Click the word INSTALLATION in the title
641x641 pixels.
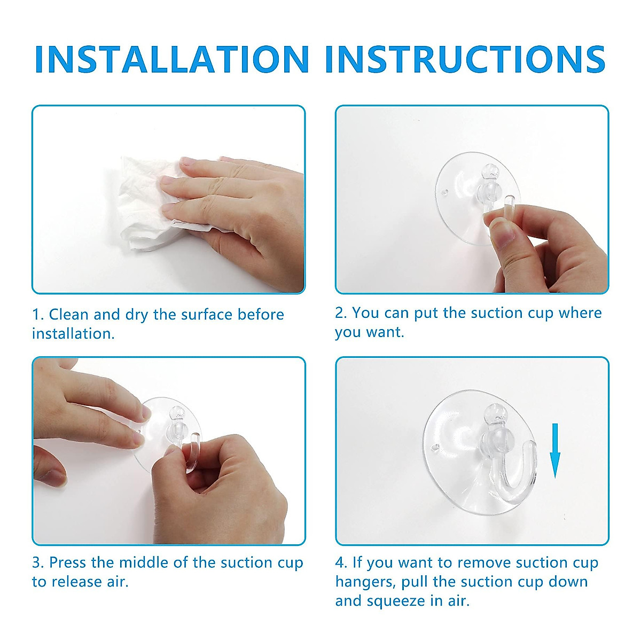171,59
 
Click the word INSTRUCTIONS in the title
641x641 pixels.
465,59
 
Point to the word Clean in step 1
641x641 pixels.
69,315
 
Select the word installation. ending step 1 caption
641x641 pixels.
73,334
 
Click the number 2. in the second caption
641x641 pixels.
341,313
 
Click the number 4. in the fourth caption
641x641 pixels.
341,562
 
